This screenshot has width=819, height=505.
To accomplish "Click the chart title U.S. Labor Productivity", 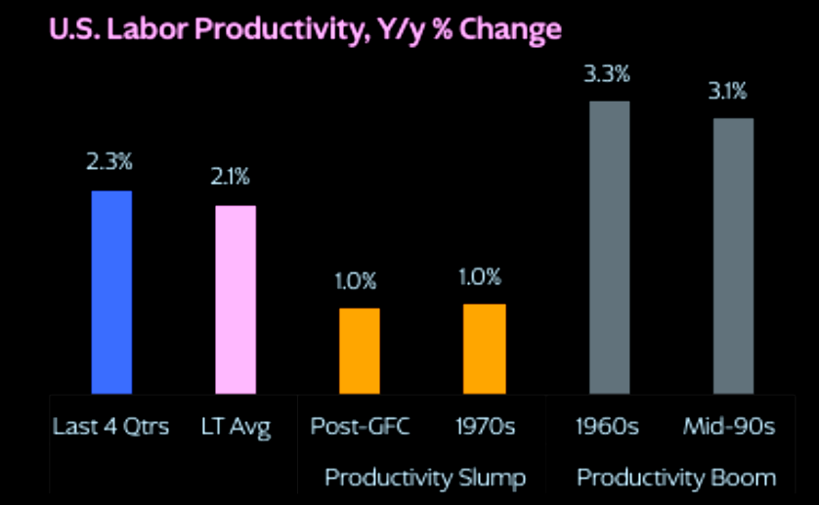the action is point(306,29).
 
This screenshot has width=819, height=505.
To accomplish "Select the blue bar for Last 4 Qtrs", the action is point(111,292).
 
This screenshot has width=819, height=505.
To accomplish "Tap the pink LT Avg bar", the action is point(236,300).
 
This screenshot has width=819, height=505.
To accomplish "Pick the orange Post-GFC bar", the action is point(360,351).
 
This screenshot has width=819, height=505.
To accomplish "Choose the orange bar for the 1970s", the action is point(484,349).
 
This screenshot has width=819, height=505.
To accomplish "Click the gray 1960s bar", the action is point(610,247).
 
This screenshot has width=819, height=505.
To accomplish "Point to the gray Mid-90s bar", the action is point(733,256).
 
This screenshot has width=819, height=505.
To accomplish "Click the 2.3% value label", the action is point(109,162).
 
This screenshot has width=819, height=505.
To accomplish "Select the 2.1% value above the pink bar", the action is point(231,177).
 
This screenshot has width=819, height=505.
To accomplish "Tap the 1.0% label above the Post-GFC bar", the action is point(355,281).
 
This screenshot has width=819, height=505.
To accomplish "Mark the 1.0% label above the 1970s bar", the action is point(480,277).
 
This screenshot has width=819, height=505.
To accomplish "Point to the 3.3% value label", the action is point(607,74).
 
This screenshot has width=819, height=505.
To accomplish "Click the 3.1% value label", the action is point(727,92).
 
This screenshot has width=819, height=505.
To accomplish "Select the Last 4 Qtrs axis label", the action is point(110,427).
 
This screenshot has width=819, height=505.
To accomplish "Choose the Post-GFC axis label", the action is point(360,426).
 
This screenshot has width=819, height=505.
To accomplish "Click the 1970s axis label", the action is point(485,427).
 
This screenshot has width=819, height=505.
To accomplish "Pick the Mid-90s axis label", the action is point(729,426).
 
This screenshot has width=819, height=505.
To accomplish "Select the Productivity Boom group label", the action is point(676,478).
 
